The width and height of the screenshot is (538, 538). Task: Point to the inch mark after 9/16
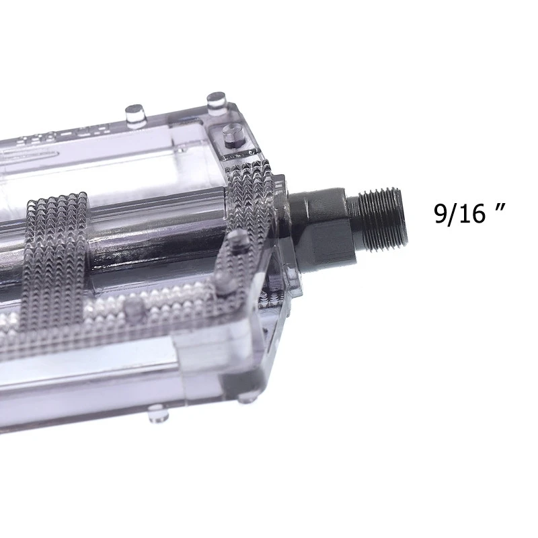(x=499, y=205)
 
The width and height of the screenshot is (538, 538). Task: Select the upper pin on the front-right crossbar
(x=237, y=241)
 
